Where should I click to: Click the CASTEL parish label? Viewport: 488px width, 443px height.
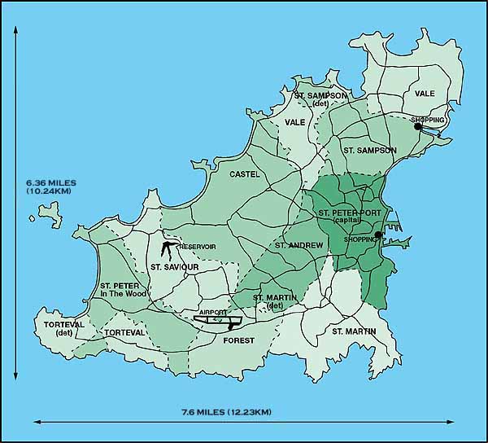point(244,173)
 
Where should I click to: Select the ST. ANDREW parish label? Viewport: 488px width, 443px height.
point(298,244)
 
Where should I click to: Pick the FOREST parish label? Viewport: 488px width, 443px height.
point(238,340)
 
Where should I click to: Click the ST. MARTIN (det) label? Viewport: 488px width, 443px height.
point(275,301)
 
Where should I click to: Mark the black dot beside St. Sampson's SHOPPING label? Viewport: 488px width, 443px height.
point(417,126)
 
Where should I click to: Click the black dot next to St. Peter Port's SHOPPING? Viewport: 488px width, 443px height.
point(378,235)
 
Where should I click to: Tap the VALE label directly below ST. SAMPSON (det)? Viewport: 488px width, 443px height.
point(294,122)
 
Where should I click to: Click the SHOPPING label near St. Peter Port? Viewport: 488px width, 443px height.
point(358,239)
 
